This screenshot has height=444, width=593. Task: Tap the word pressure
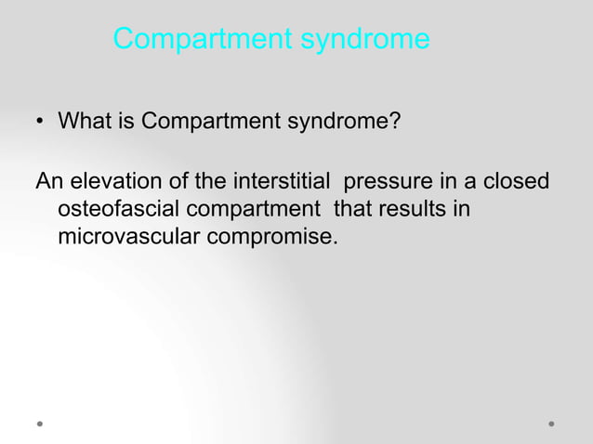tap(388, 182)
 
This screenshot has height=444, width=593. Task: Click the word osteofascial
tap(114, 209)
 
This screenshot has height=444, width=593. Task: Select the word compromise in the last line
tap(271, 239)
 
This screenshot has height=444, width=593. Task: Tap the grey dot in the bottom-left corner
tap(41, 423)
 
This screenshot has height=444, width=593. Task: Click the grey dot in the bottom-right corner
tap(551, 423)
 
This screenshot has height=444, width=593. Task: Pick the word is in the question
tap(125, 121)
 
